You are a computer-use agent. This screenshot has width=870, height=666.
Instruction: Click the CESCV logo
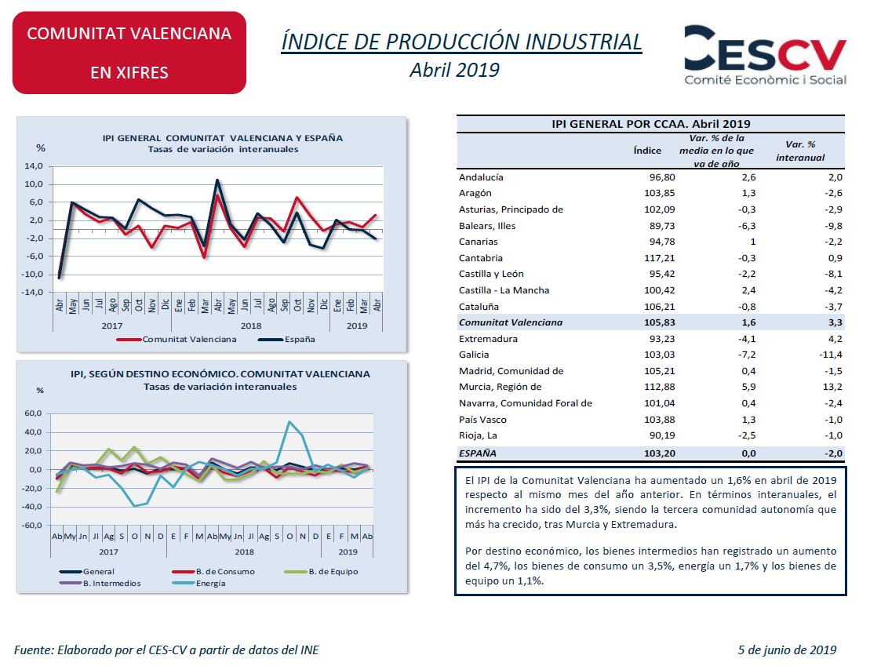tap(764, 55)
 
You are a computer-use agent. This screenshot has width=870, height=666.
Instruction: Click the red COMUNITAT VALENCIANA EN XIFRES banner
tap(129, 53)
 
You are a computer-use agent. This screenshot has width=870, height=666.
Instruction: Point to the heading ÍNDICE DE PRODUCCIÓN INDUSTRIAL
tap(461, 42)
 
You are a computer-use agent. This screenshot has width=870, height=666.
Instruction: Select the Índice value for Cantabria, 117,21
tap(658, 258)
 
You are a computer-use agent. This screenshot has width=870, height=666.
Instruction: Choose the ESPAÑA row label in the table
tap(478, 453)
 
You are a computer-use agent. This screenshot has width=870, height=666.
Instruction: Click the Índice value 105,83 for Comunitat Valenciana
tap(658, 322)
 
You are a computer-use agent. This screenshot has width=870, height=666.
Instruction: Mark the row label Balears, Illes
tap(487, 226)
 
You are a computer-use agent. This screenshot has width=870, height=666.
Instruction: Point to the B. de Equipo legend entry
tap(333, 572)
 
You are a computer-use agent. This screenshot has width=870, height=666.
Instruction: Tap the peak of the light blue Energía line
tap(289, 422)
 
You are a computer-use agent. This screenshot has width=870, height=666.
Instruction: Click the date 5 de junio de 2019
tap(787, 650)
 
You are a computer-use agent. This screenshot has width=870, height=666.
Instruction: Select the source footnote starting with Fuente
tap(166, 650)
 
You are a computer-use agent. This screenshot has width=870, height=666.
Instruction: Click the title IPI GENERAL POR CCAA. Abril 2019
tap(650, 123)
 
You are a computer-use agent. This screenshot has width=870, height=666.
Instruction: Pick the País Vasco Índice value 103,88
tap(658, 420)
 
